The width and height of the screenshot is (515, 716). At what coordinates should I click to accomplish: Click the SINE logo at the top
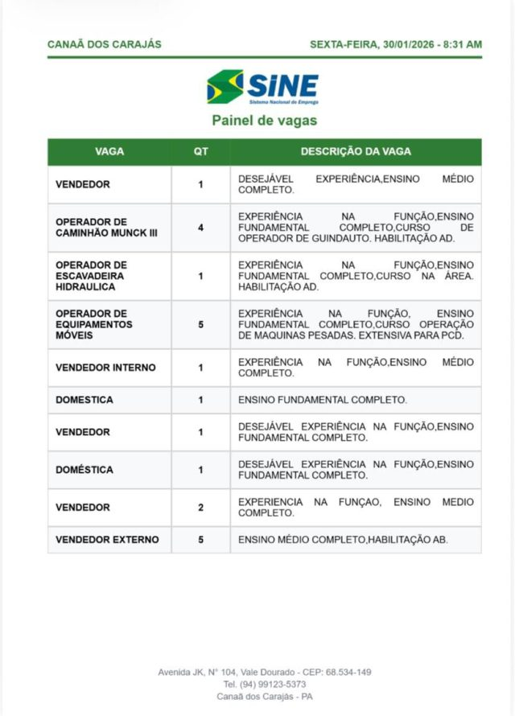pos(263,87)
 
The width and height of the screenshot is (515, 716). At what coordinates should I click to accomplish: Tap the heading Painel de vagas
pos(264,121)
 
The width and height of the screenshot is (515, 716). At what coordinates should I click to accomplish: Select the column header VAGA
pos(109,151)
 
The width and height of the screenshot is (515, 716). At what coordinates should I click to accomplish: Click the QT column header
pos(200,151)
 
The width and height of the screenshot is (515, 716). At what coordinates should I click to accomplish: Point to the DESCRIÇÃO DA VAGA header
pos(356,151)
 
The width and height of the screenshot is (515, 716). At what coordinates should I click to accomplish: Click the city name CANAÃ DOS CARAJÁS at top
pos(105,44)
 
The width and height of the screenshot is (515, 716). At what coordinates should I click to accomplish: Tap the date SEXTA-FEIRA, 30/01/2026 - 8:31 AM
pos(395,44)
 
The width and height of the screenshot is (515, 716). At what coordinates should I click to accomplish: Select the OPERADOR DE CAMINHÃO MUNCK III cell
pos(97,228)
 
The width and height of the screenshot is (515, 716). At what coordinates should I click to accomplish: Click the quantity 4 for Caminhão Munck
pos(200,228)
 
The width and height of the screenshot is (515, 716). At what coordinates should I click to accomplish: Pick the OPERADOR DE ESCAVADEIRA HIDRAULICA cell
pos(91,275)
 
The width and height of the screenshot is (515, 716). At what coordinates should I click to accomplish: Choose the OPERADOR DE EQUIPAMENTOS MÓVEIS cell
pos(94,324)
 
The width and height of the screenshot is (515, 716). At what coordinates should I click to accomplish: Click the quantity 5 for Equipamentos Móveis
pos(200,324)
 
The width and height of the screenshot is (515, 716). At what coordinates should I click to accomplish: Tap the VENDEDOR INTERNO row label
pos(105,368)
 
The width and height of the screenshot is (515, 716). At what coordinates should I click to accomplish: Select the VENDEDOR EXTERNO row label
pos(107,540)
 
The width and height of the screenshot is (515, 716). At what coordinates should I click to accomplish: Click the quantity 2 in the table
pos(200,508)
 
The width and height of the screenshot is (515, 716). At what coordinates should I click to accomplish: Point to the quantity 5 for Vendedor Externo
pos(200,540)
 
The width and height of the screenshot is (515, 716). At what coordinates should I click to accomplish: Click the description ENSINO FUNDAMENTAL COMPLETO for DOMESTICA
pos(322,400)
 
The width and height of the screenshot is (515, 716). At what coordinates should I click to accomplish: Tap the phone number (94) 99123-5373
pos(264,684)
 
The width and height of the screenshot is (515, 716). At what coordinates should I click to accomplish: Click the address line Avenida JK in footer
pos(264,672)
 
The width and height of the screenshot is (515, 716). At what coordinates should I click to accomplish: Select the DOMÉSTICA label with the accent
pos(84,470)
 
